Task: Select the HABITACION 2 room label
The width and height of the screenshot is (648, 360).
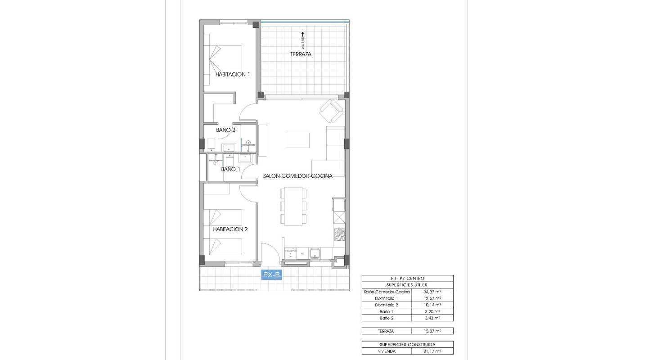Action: click(231, 229)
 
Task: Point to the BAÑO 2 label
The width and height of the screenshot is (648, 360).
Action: click(226, 130)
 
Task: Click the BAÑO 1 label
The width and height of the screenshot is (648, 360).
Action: click(230, 170)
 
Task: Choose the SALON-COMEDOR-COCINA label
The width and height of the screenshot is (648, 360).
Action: click(298, 176)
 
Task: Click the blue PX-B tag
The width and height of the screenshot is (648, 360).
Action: click(272, 274)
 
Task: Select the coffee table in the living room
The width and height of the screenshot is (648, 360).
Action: click(298, 140)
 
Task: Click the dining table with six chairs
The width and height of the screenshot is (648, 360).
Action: click(293, 206)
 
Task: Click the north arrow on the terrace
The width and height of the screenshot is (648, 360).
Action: click(303, 34)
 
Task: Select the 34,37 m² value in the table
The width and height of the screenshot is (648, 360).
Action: click(432, 292)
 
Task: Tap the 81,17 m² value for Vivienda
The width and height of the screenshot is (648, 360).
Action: click(432, 351)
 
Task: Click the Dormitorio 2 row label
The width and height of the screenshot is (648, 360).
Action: click(387, 305)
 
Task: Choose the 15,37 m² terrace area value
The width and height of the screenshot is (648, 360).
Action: click(432, 331)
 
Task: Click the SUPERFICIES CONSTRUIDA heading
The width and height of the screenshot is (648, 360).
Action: click(407, 344)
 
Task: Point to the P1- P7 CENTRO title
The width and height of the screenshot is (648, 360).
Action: click(407, 279)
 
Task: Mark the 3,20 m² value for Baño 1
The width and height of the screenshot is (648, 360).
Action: click(432, 311)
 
